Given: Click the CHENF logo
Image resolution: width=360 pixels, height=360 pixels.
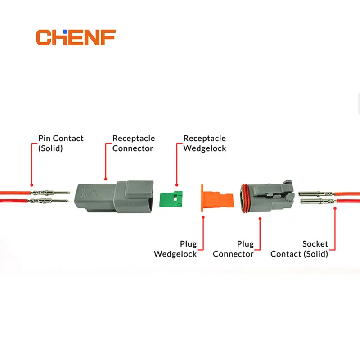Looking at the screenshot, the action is tap(76, 37).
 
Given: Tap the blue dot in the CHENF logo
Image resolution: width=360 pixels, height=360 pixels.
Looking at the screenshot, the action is tap(65, 31).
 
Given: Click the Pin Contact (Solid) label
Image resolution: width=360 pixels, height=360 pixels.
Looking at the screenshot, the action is tap(61, 143).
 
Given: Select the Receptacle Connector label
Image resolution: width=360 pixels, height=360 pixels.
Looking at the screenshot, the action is tap(134, 143).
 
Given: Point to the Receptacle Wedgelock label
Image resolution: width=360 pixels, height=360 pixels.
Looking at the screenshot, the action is tap(205, 143).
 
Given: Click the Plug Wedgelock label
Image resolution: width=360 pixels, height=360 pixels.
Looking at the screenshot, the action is tap(175, 249).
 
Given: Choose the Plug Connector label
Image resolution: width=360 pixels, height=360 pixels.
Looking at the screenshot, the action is tap(233, 249).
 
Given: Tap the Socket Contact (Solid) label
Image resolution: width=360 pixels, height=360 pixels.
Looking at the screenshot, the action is tap(299, 249).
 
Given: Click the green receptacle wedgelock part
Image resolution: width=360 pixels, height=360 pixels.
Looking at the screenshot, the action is tap(171, 199).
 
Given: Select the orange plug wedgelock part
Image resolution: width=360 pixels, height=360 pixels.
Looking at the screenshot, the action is tap(217, 198).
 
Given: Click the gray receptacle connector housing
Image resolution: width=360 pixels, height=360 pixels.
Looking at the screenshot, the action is tap(114, 197).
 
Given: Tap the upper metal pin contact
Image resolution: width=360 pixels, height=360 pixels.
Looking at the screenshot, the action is tap(50, 193).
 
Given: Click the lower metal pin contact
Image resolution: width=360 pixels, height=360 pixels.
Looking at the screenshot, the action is tap(48, 201).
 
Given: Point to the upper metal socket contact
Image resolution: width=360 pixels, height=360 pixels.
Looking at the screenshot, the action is tap(316, 193).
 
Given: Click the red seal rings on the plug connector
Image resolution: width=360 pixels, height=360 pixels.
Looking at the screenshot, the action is tap(244, 198).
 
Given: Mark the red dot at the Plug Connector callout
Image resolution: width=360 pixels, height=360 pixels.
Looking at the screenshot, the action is tap(260, 219).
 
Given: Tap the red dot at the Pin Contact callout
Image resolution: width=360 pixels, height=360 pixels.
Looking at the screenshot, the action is tap(31, 185).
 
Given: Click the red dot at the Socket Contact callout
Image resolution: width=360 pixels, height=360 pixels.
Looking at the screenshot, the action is tap(335, 208).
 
